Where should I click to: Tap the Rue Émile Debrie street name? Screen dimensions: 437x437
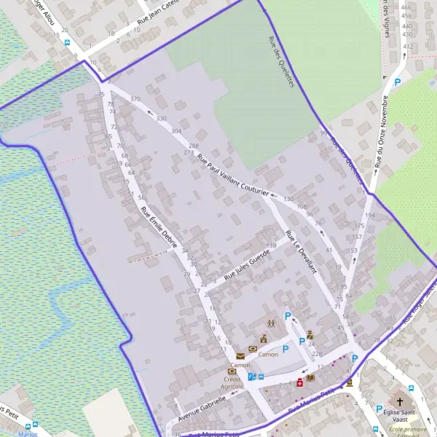tap(160, 229)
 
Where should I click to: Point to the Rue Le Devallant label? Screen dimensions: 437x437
tap(302, 252)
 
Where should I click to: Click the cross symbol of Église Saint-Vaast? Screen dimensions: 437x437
tap(399, 401)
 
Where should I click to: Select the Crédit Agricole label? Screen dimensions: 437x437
tap(232, 383)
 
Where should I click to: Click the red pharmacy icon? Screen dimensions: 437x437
tap(299, 382)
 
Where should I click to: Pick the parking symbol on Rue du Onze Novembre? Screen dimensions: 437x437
tap(398, 83)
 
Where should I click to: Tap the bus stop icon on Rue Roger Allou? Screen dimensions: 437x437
tap(68, 42)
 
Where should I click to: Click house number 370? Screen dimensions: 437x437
tap(135, 99)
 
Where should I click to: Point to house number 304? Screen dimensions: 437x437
tap(176, 131)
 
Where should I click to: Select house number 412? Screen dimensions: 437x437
tap(408, 47)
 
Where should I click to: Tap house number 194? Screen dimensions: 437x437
tap(369, 216)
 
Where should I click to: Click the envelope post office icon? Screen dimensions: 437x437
tap(240, 355)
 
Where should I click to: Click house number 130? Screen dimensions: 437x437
tap(288, 199)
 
